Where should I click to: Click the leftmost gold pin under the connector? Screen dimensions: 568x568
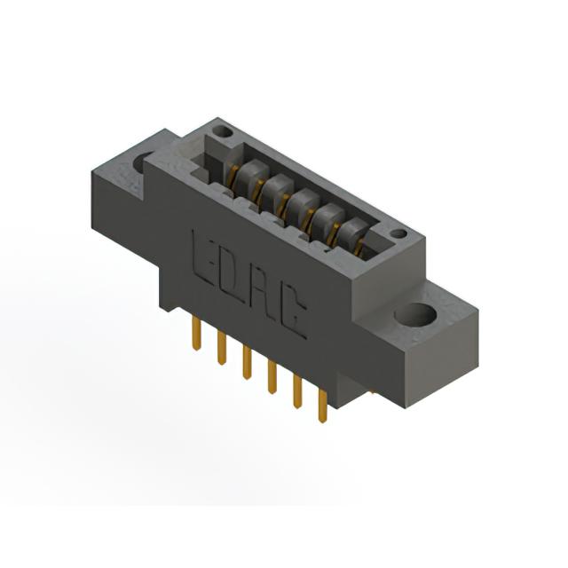pyautogui.click(x=196, y=333)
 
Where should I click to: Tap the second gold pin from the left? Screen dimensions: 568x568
pyautogui.click(x=221, y=347)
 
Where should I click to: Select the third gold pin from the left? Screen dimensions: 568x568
pyautogui.click(x=247, y=362)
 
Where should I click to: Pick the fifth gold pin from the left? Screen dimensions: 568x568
pyautogui.click(x=297, y=391)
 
